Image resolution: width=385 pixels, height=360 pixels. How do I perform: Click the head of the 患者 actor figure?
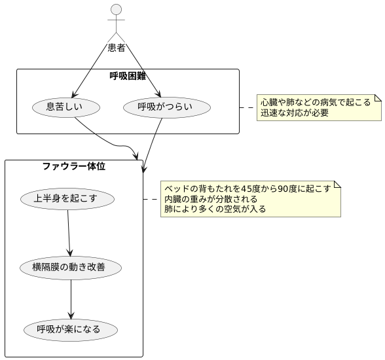(117, 9)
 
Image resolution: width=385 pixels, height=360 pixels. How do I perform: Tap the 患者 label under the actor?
(117, 47)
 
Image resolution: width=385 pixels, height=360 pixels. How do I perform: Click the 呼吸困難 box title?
(128, 76)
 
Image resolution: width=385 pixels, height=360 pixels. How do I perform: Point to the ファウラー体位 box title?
(74, 166)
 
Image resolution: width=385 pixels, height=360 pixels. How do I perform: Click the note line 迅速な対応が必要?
(294, 113)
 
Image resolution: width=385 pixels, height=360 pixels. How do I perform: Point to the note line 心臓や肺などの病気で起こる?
(315, 102)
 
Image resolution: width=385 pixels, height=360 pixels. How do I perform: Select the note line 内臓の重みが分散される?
(210, 199)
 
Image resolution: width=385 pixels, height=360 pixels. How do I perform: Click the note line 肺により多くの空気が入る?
(215, 209)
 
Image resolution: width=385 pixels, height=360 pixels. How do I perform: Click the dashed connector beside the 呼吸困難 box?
(247, 107)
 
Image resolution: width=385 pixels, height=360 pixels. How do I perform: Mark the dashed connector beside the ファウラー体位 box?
(151, 198)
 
